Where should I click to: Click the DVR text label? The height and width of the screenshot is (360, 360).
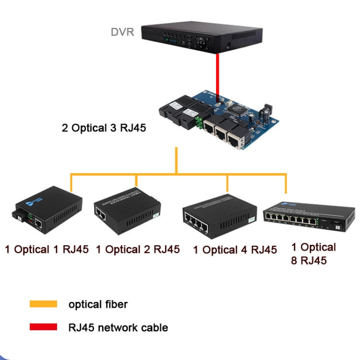point(122,32)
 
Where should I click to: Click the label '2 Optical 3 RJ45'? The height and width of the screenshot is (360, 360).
point(104,128)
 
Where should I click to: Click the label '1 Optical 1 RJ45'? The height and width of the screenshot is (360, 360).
point(47,249)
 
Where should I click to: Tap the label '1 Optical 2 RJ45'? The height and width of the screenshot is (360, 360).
point(138,249)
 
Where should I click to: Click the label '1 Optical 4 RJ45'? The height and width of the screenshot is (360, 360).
point(235,250)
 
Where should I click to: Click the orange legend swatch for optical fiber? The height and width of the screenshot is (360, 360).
point(43,304)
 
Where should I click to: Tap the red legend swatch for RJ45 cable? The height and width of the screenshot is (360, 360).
point(43,327)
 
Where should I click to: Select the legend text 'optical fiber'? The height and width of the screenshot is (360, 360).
point(98,304)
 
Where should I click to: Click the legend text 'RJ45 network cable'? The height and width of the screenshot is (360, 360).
point(118,328)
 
